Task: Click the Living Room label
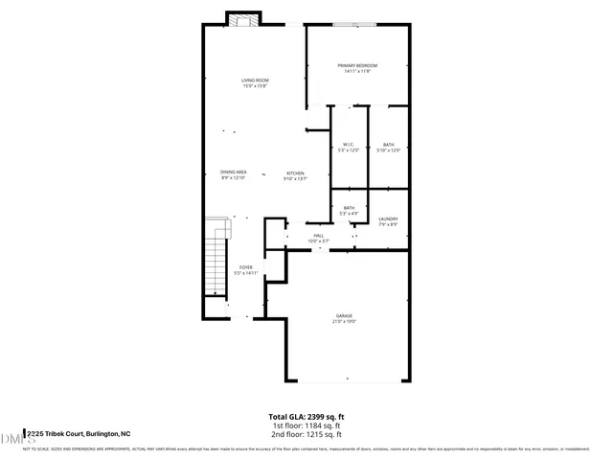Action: point(254,80)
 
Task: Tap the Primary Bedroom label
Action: point(357,65)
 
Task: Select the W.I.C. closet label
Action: point(349,145)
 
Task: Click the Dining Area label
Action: point(234,172)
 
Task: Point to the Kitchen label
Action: point(294,173)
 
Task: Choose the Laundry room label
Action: point(388,218)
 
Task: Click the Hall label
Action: point(318,235)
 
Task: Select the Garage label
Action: point(344,315)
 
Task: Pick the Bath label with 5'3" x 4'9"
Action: point(349,208)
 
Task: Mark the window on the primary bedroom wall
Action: point(347,25)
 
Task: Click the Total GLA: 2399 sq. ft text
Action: point(306,416)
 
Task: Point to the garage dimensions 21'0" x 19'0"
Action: point(344,321)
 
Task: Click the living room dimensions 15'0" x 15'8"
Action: point(254,86)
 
